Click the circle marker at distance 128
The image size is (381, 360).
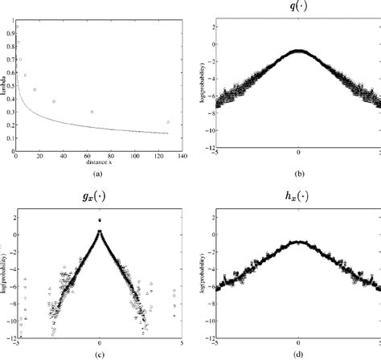[168, 122]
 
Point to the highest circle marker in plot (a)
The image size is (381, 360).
[18, 27]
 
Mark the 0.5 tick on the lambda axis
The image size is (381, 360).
[10, 88]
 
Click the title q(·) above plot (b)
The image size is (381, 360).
[299, 8]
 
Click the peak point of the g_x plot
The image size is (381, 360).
[99, 219]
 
